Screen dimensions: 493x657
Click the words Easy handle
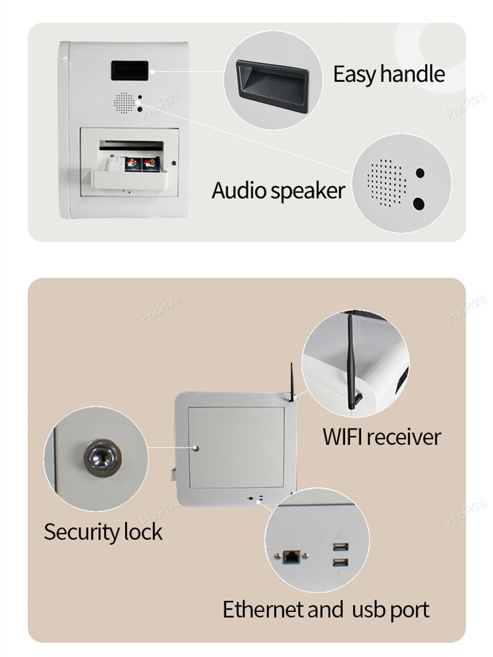(389, 74)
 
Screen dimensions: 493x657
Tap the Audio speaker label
(278, 191)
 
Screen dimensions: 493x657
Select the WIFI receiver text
(382, 437)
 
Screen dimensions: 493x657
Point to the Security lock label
(103, 532)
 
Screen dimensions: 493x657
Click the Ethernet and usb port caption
(326, 610)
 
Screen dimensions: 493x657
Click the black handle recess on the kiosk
(130, 71)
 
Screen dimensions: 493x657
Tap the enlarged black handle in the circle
(272, 85)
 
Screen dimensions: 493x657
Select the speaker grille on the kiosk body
(124, 103)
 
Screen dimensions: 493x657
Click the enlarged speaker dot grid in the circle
(387, 183)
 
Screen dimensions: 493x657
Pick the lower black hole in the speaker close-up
(419, 204)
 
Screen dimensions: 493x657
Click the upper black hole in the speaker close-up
(420, 173)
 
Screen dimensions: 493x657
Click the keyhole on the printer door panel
(174, 163)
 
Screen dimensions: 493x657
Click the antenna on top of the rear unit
(292, 382)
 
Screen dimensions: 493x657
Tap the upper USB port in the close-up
(340, 547)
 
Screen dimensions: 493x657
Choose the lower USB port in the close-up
(340, 562)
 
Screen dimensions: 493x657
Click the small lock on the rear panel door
(196, 448)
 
